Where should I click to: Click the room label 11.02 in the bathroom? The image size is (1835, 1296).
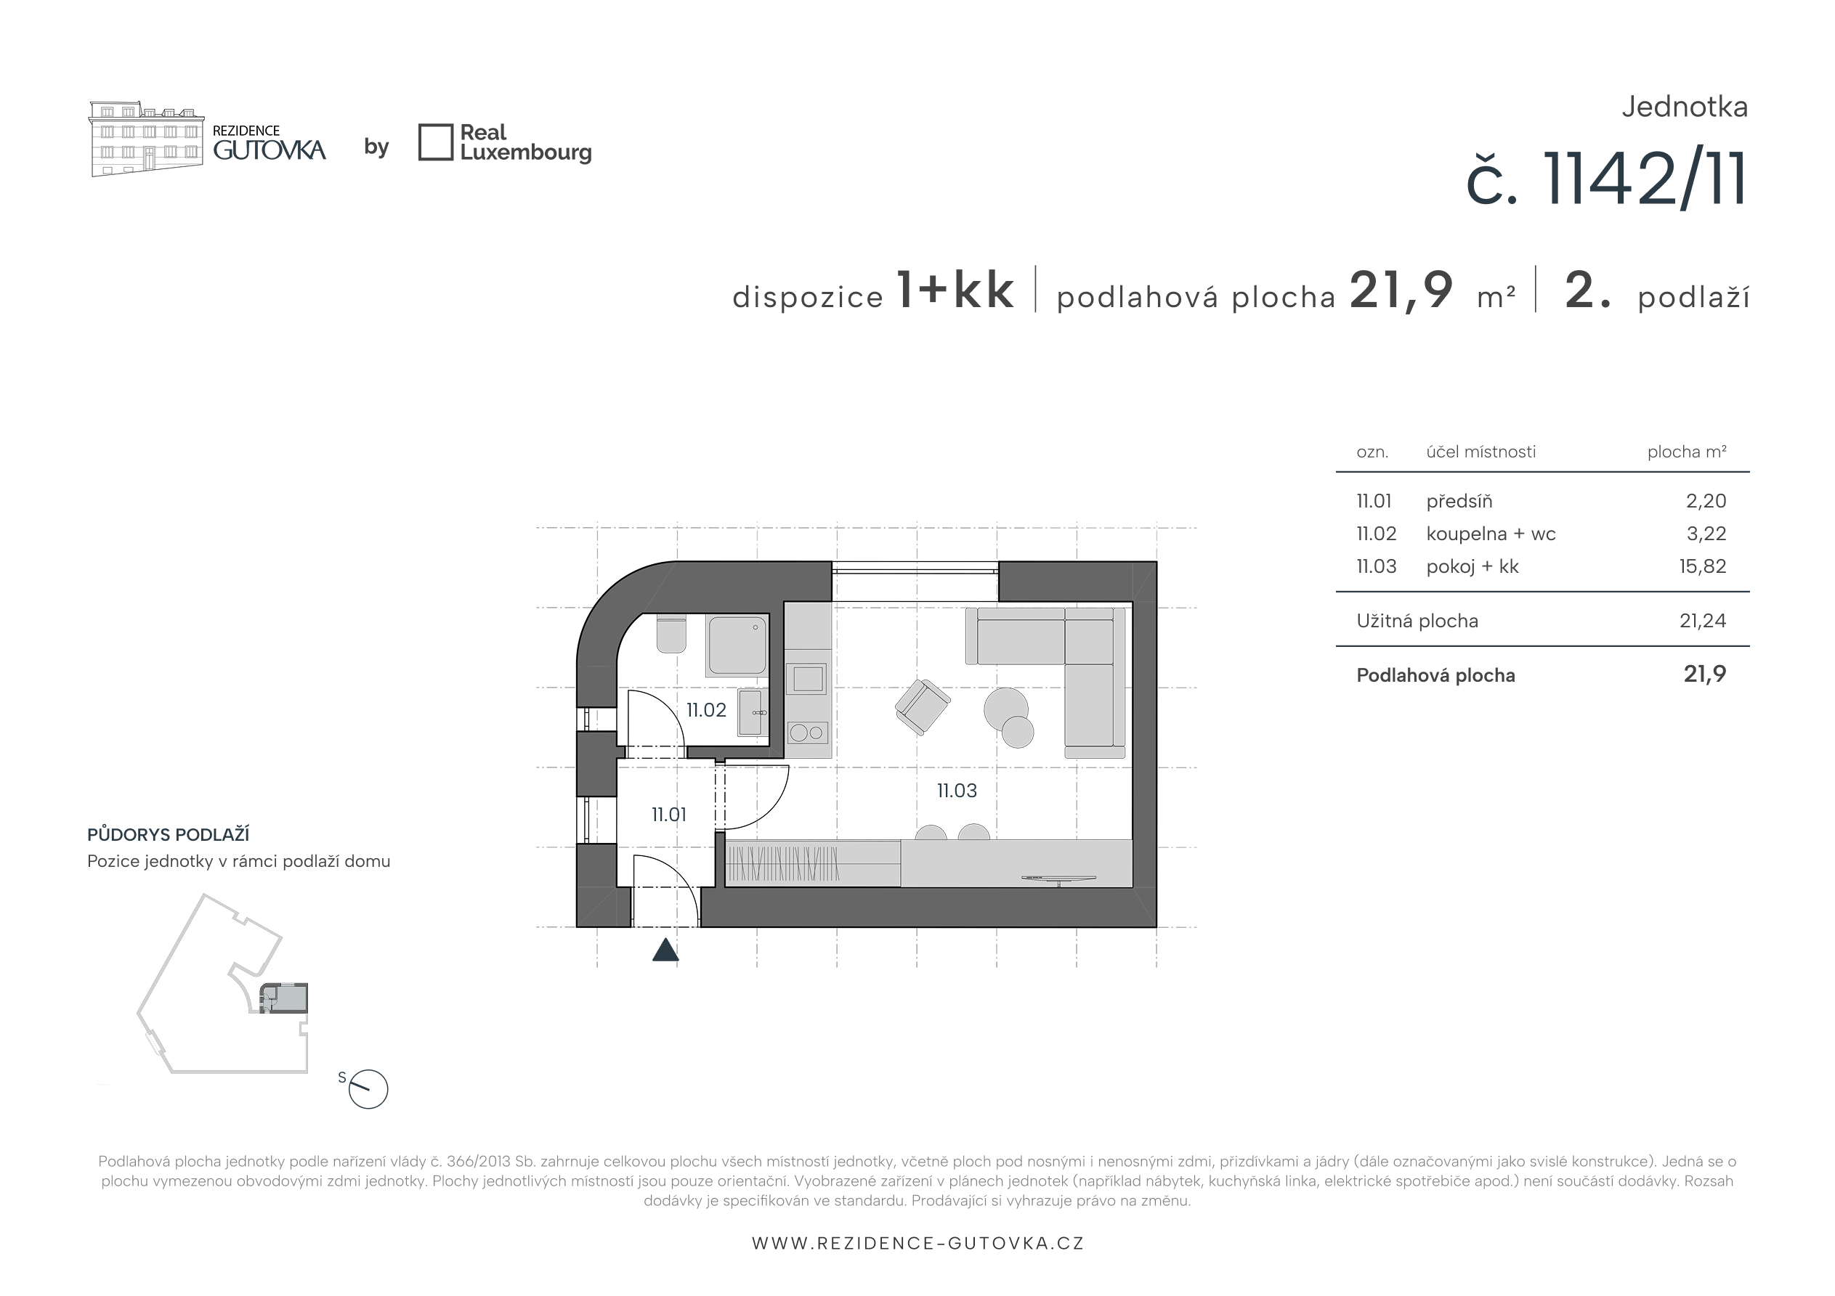coord(707,710)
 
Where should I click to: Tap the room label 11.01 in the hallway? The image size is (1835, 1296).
coord(669,815)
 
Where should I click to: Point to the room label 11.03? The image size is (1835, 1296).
coord(957,791)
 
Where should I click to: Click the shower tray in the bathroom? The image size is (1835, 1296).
coord(737,646)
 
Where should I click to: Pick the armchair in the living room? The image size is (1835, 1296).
coord(923,707)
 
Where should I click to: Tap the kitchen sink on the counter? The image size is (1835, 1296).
coord(808,679)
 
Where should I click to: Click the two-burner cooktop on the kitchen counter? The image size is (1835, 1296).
coord(808,732)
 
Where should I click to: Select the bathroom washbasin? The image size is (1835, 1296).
coord(752,713)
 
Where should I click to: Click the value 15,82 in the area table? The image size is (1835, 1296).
coord(1702,566)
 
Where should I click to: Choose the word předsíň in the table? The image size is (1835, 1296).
coord(1459,501)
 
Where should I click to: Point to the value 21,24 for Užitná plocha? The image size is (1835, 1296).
coord(1702,621)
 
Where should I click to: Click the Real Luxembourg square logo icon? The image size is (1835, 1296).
coord(436,142)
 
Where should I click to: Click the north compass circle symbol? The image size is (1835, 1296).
coord(368,1090)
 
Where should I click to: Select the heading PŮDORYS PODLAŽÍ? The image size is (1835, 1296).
coord(169,835)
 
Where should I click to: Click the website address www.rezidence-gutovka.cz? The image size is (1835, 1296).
coord(917,1243)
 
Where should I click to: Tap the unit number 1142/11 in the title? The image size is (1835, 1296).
coord(1645,181)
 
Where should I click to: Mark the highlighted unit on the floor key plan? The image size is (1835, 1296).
coord(284,999)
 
